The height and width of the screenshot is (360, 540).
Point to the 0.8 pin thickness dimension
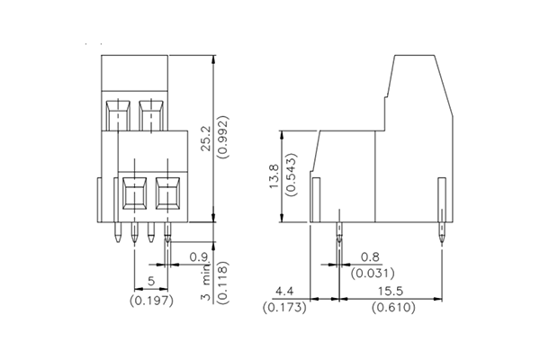click(369, 256)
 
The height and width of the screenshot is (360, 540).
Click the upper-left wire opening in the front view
click(117, 114)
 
